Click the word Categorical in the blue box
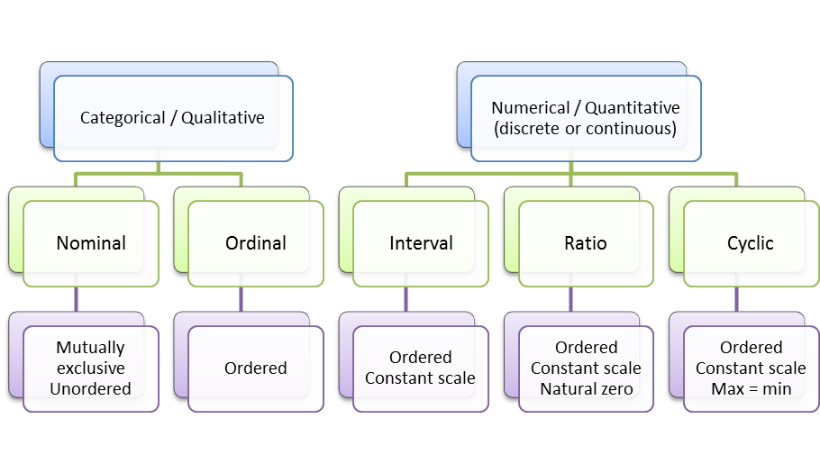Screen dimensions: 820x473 pos(123,118)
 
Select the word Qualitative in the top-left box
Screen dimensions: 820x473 pos(223,118)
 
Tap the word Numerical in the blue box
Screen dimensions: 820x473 pos(530,108)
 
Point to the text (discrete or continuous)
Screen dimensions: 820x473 pos(585,129)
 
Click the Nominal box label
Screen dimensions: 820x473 pos(91,243)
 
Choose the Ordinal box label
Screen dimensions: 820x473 pos(256,243)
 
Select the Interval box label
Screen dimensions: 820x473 pos(421,243)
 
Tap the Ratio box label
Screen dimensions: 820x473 pos(586,243)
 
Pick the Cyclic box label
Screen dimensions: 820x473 pos(751,243)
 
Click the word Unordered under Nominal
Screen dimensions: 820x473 pos(90,389)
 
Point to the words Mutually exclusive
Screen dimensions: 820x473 pos(90,358)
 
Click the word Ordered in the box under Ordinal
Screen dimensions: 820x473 pos(256,368)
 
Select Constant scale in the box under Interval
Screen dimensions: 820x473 pos(421,377)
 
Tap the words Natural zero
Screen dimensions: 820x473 pos(587,389)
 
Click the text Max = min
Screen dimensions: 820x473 pos(751,389)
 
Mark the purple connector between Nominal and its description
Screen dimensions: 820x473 pos(77,299)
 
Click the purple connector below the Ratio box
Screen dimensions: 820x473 pos(571,299)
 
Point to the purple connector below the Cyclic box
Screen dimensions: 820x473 pos(736,299)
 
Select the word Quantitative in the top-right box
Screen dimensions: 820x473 pos(633,108)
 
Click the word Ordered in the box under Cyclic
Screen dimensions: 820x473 pos(751,347)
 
